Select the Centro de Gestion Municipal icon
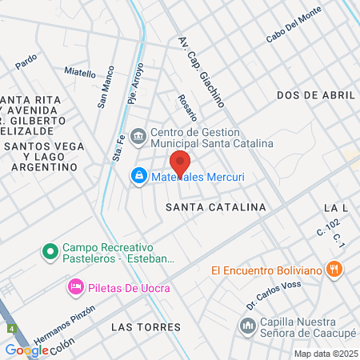coord(139,136)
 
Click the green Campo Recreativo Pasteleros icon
coord(50,253)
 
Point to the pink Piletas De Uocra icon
coord(75,286)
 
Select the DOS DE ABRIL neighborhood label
coord(315,94)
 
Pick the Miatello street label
coord(80,72)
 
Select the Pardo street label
coord(26,59)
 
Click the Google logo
coord(26,350)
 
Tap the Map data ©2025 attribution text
coord(326,354)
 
